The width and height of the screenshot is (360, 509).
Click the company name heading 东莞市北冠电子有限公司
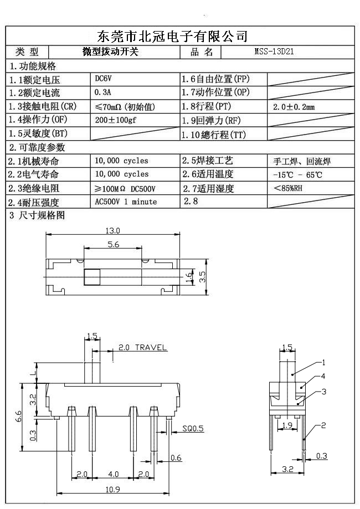[172, 37]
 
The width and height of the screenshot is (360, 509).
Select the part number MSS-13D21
[274, 52]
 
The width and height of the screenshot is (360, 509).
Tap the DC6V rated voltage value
[104, 79]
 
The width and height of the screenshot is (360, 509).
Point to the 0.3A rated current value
[103, 92]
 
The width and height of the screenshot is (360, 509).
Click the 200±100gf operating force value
[115, 120]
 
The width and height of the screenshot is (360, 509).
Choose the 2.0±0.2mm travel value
[294, 107]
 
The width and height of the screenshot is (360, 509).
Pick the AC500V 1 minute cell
[126, 202]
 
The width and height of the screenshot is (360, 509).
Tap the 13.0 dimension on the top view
[112, 230]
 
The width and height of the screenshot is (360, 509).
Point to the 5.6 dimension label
[114, 244]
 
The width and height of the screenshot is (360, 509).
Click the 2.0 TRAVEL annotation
[142, 348]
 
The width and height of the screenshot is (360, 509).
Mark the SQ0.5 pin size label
[193, 428]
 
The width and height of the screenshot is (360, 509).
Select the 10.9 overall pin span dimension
[113, 489]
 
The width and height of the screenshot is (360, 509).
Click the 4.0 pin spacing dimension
[113, 475]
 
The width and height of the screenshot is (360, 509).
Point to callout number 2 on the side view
[323, 425]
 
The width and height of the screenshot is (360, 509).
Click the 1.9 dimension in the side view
[287, 425]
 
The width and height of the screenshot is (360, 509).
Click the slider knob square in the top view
[91, 276]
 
